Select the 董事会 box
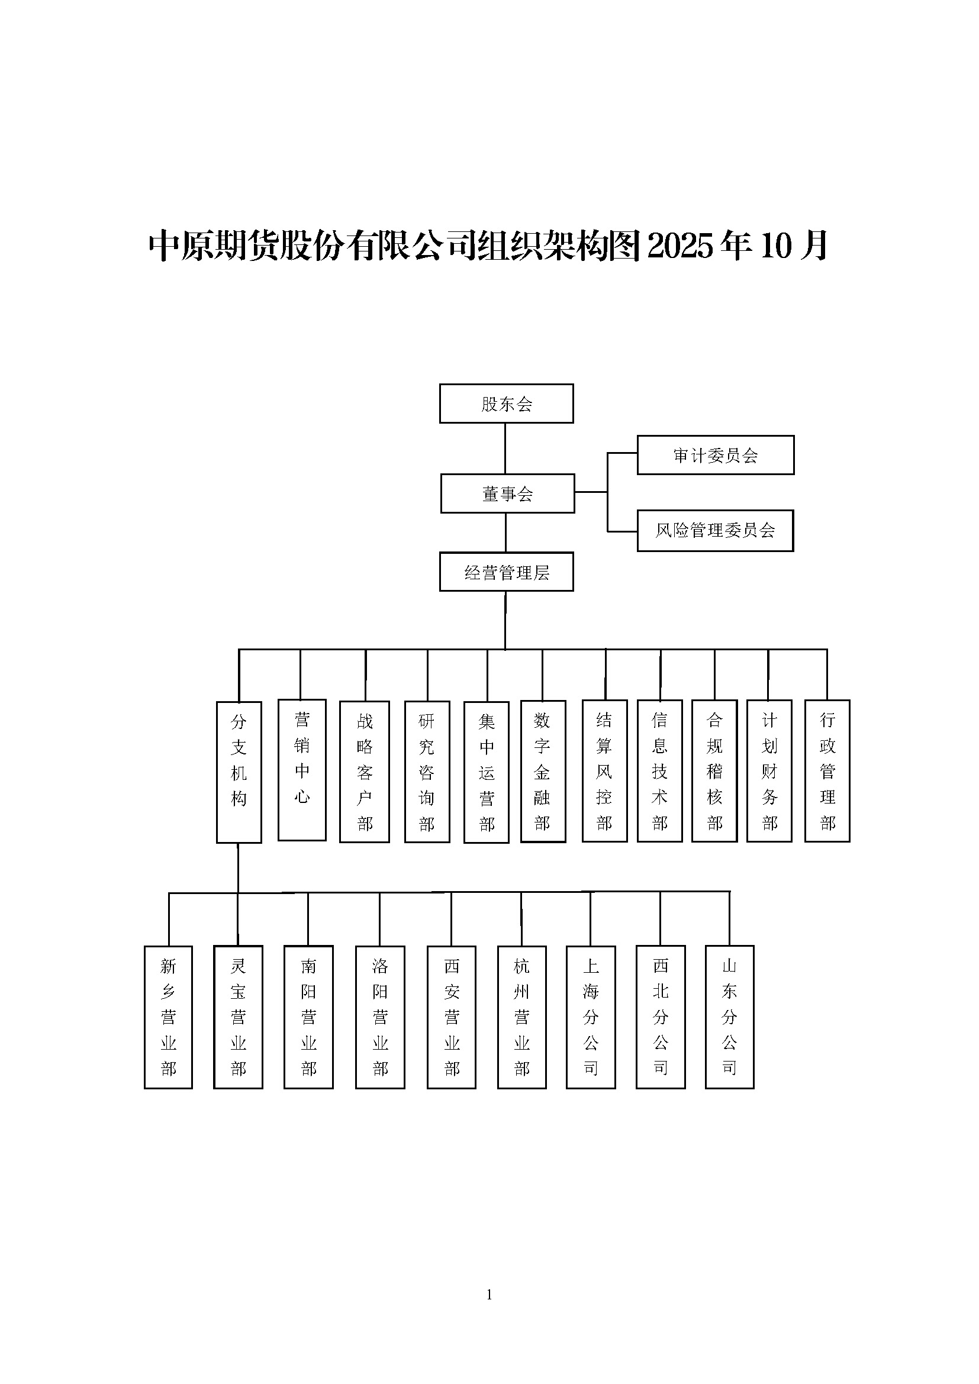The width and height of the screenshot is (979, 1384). pyautogui.click(x=507, y=493)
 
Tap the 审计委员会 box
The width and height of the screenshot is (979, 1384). pyautogui.click(x=715, y=454)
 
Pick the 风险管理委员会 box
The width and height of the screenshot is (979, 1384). pyautogui.click(x=715, y=530)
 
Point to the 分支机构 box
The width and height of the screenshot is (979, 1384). pyautogui.click(x=239, y=772)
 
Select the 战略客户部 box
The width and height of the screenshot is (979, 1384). pyautogui.click(x=364, y=771)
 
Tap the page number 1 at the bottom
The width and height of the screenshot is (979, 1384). pyautogui.click(x=489, y=1294)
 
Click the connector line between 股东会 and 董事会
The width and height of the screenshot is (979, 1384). pyautogui.click(x=505, y=448)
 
